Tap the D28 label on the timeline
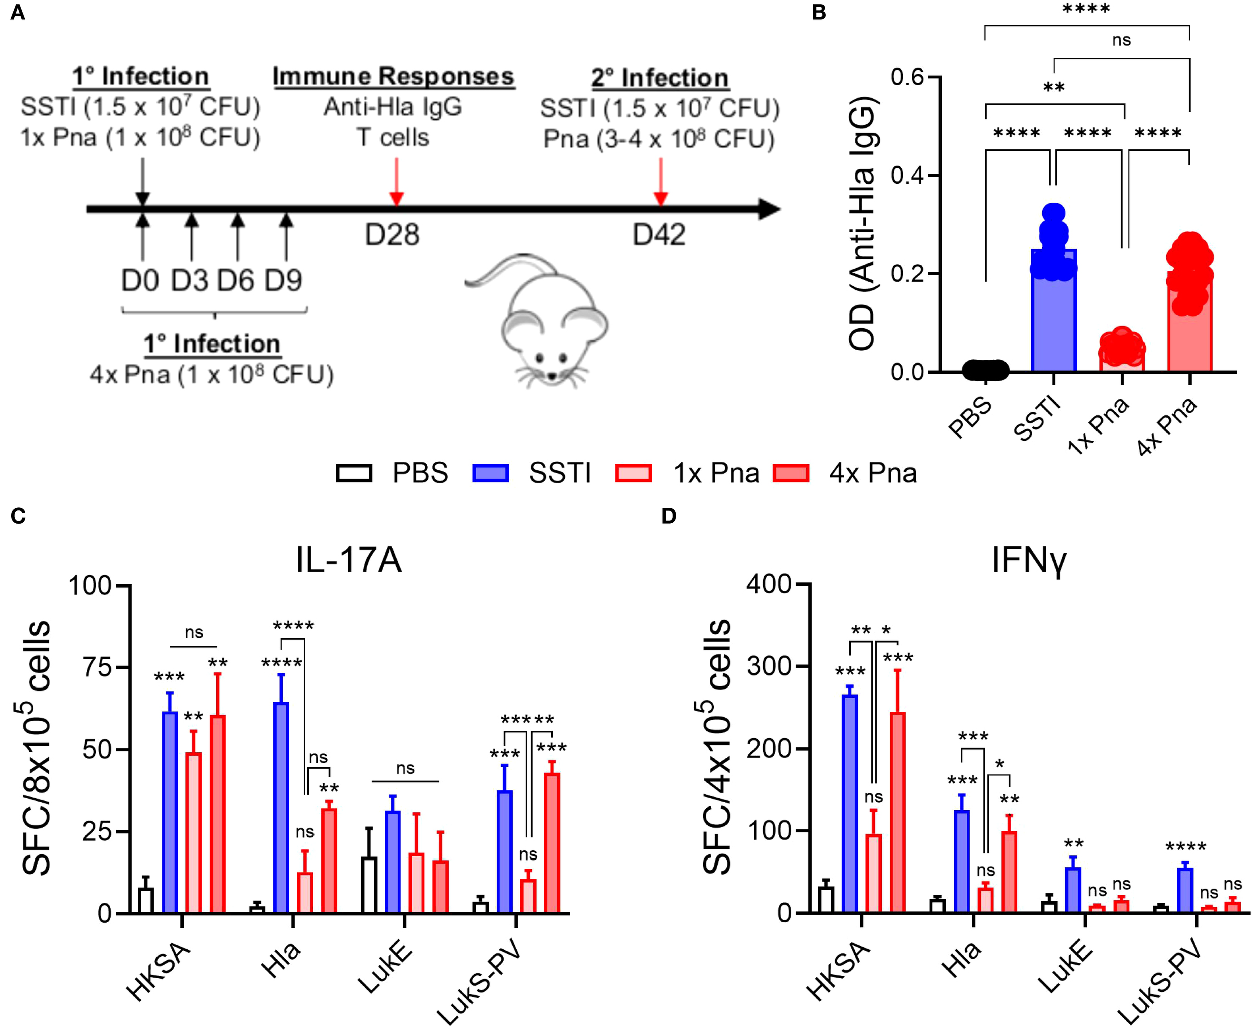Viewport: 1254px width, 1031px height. tap(392, 235)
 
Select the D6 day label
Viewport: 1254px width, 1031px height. tap(235, 280)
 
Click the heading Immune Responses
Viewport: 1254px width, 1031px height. tap(393, 77)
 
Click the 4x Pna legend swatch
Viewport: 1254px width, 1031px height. tap(791, 473)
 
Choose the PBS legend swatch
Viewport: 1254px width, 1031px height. tap(354, 473)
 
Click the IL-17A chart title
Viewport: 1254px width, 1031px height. tap(349, 560)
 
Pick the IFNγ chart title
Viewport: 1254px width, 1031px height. tap(1029, 560)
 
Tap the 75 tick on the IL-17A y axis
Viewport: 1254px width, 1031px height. tap(97, 667)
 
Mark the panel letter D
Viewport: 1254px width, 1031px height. tap(669, 516)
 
